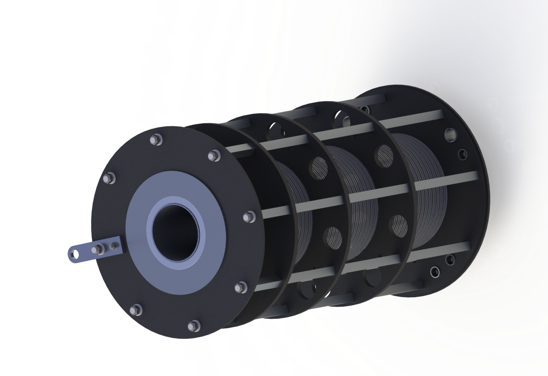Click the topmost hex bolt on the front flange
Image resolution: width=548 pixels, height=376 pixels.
[x=156, y=140]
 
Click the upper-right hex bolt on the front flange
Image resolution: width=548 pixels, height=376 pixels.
[x=214, y=156]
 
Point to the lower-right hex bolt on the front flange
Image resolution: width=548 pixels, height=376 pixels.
[x=241, y=287]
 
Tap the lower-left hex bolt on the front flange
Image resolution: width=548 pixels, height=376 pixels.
[x=136, y=309]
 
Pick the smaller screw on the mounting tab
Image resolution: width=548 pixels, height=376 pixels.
[x=114, y=246]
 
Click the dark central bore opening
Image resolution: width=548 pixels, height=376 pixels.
[x=176, y=232]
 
